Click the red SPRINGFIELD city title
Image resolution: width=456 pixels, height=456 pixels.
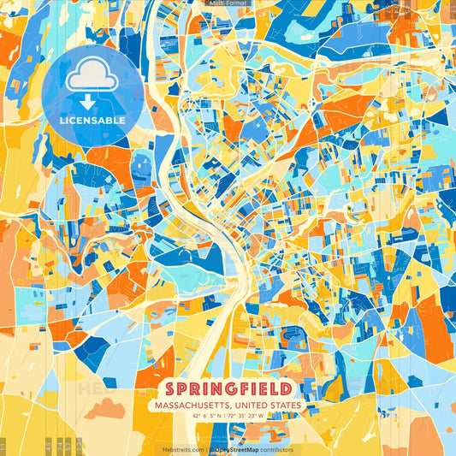coord(228,388)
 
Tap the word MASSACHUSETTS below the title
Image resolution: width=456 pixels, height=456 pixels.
coord(192,405)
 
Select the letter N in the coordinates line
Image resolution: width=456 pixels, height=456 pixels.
coord(220,415)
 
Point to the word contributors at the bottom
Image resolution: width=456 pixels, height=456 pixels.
coord(275,449)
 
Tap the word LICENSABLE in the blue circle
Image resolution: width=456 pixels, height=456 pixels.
coord(92,121)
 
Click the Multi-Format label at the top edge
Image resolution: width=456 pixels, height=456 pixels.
coord(228,3)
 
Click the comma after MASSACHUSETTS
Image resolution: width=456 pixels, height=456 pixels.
coord(231,406)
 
